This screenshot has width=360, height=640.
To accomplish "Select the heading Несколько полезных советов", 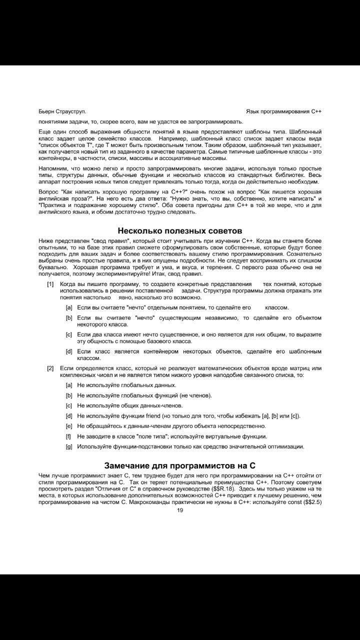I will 180,230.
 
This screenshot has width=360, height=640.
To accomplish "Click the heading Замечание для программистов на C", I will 180,465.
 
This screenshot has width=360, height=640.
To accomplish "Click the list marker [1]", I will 50,284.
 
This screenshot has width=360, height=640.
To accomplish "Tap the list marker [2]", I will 50,368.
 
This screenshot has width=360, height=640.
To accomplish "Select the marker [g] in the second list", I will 69,446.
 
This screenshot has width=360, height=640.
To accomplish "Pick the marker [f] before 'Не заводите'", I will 68,436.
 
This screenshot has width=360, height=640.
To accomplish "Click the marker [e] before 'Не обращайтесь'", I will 69,426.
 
